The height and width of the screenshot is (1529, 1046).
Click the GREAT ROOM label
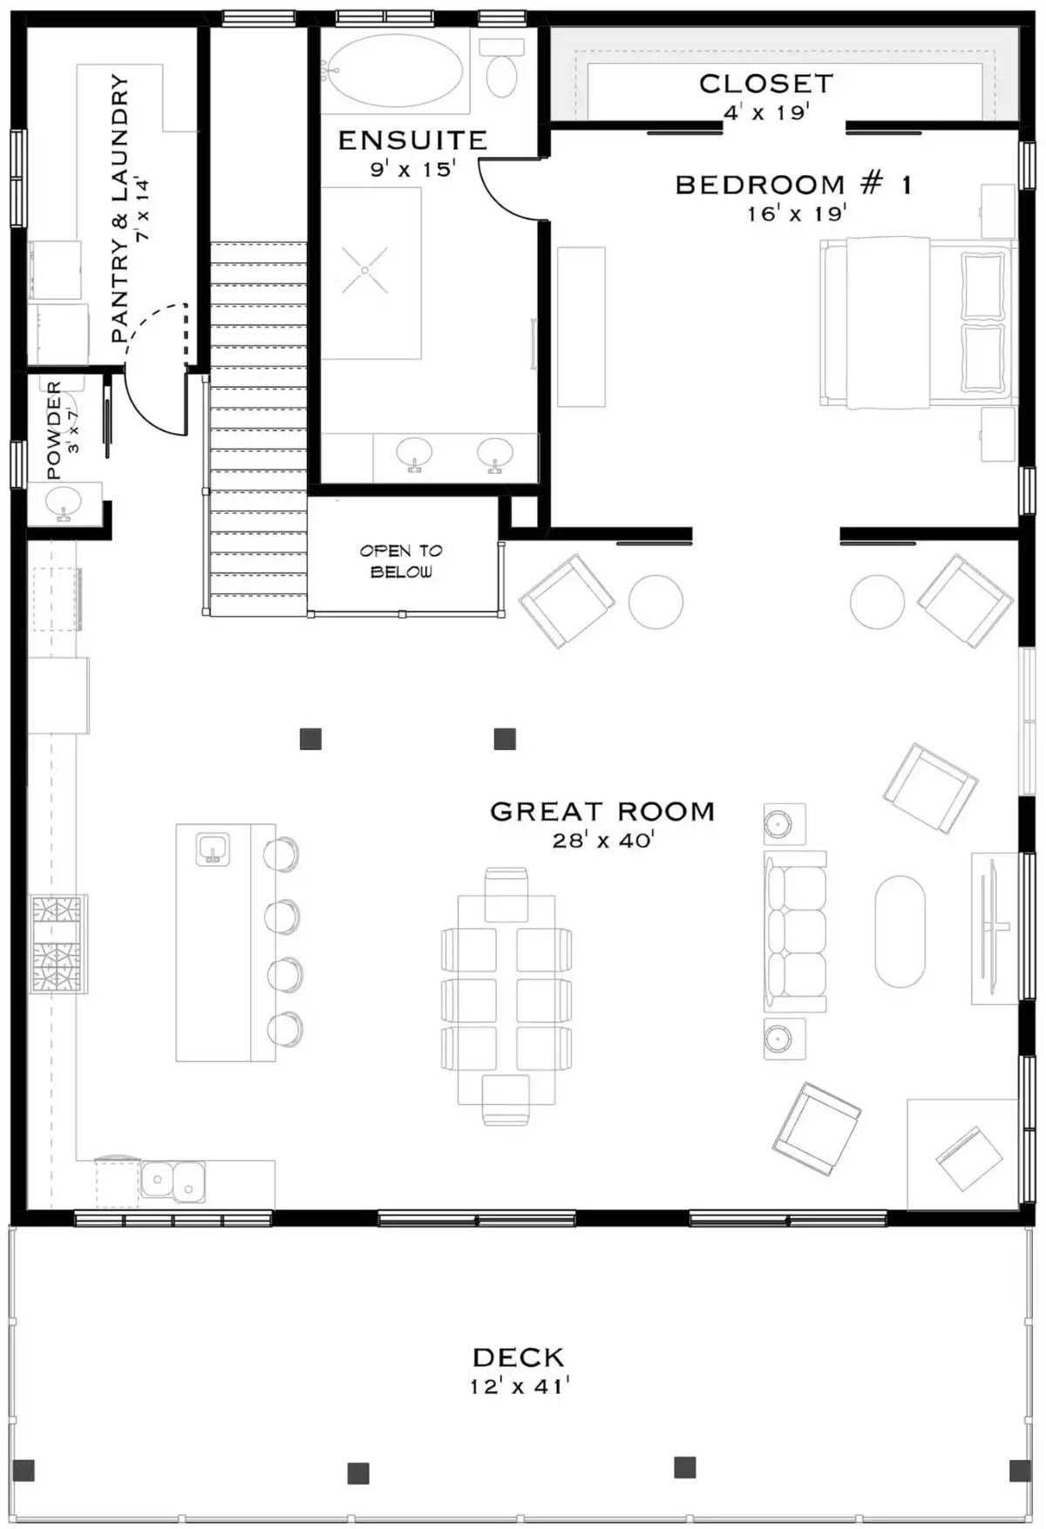point(602,811)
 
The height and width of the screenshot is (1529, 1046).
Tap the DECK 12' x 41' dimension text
point(520,1386)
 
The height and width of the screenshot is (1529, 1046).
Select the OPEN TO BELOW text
point(401,561)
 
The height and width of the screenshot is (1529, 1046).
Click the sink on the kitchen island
point(213,848)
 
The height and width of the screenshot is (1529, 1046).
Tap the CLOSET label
point(766,84)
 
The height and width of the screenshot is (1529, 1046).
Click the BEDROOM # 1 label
point(793,185)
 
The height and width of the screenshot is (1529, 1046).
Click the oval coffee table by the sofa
point(900,931)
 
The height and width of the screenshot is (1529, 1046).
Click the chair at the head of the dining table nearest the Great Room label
point(506,894)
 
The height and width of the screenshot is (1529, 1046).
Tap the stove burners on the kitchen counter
point(58,944)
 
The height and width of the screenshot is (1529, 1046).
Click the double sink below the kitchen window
point(173,1181)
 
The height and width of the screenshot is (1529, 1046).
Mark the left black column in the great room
point(310,739)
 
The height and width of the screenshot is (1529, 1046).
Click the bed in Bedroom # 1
point(915,322)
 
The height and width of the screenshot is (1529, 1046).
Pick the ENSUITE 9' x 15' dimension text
point(412,169)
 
